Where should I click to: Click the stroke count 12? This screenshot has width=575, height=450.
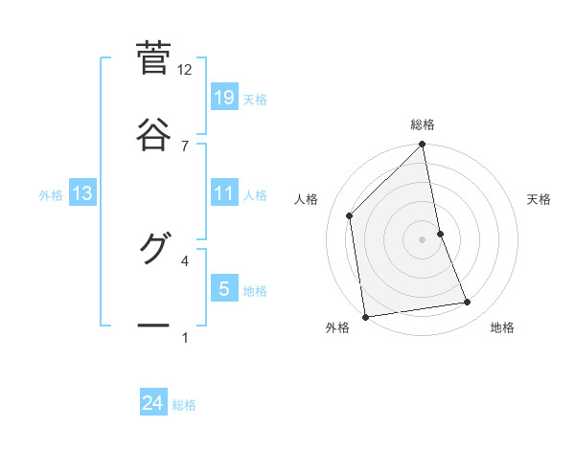pos(185,70)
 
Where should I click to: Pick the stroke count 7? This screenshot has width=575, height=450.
pos(185,146)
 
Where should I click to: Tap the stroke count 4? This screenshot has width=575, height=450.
pos(185,259)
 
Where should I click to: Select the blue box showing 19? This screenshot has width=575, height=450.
pos(224,98)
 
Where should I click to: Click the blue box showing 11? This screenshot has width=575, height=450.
pos(224,193)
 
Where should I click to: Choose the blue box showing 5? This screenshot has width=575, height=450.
pos(224,288)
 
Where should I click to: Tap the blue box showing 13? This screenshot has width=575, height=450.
pos(82,193)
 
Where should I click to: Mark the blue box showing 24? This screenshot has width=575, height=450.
pos(153,403)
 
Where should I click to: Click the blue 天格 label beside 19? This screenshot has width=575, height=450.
pos(255,100)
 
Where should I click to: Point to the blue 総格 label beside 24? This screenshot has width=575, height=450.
pos(184,405)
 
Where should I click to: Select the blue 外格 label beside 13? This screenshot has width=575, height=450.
pos(51,195)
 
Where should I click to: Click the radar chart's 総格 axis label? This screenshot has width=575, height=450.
pos(423,124)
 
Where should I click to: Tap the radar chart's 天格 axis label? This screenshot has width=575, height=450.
pos(540,199)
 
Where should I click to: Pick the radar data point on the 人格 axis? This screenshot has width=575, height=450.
pos(350,215)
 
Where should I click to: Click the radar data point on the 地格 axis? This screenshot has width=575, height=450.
pos(468,303)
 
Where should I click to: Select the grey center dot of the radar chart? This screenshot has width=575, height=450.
pos(423,239)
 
